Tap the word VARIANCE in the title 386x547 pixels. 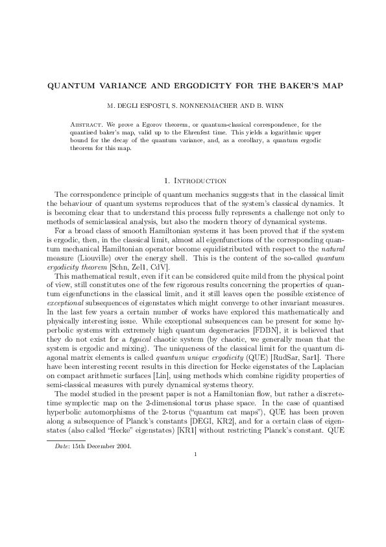click(121, 86)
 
